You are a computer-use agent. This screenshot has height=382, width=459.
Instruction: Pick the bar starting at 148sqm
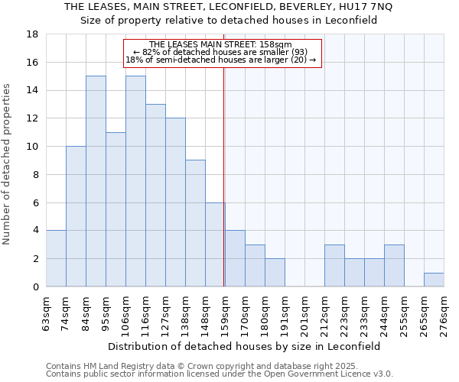click(215, 244)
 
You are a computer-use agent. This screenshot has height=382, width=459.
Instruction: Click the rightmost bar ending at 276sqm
click(434, 280)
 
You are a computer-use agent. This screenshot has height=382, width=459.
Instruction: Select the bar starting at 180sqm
click(275, 273)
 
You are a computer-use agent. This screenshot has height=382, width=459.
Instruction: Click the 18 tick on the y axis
click(33, 34)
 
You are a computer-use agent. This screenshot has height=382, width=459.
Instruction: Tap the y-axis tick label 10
click(33, 147)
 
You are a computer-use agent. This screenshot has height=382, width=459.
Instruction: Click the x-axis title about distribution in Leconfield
click(244, 346)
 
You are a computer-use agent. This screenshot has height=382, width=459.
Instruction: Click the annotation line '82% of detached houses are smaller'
click(220, 52)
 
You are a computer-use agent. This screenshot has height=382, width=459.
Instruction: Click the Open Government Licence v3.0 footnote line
click(220, 374)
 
